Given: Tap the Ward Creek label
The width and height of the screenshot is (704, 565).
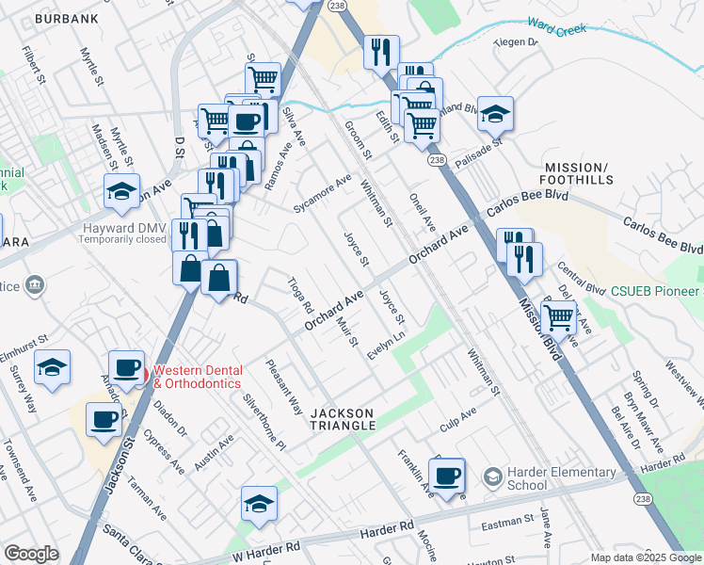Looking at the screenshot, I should tap(558, 25).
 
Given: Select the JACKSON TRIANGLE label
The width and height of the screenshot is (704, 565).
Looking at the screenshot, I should tap(344, 419).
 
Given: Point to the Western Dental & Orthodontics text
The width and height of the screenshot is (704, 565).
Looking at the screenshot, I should tap(198, 377).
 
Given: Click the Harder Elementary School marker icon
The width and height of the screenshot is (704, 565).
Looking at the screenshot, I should tap(492, 478).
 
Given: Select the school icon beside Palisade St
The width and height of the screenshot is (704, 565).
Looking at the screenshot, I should tap(495, 114).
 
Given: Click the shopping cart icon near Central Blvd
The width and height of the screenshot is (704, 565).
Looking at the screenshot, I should tap(559, 318).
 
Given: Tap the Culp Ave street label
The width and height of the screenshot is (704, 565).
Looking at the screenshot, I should tap(457, 416).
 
